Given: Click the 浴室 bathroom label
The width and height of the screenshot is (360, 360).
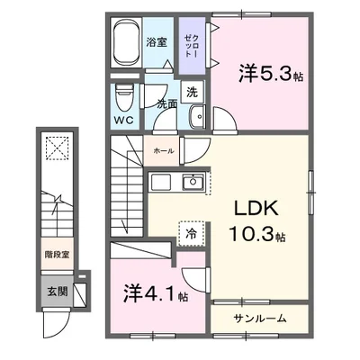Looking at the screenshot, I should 156,42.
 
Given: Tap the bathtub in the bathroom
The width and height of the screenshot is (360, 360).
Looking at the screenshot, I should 128,44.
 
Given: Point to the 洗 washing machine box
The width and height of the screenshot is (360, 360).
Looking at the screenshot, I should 191,91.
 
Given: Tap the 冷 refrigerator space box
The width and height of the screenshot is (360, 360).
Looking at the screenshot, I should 191,231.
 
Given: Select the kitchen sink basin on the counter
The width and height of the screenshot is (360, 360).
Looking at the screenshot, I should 193,183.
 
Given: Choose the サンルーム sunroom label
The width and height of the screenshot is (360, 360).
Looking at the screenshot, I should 261,319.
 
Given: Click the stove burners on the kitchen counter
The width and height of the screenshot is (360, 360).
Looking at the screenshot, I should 162,183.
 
